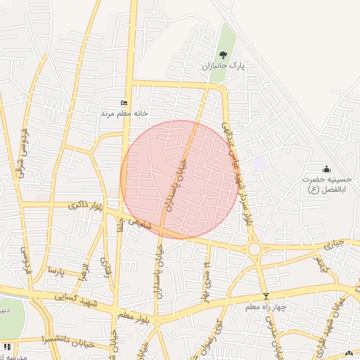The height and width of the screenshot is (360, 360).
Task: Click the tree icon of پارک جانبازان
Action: [x=223, y=55]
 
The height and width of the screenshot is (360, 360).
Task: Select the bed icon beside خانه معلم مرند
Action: [x=124, y=103]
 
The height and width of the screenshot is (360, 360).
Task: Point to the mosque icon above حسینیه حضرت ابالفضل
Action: [x=326, y=169]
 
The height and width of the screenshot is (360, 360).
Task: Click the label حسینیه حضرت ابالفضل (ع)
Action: [x=326, y=185]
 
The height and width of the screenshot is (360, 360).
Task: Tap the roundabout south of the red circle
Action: [x=254, y=249]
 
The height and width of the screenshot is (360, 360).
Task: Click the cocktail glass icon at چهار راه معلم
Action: [x=266, y=296]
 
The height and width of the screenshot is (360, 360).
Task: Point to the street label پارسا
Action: [x=56, y=271]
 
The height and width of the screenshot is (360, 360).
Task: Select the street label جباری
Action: [x=337, y=245]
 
